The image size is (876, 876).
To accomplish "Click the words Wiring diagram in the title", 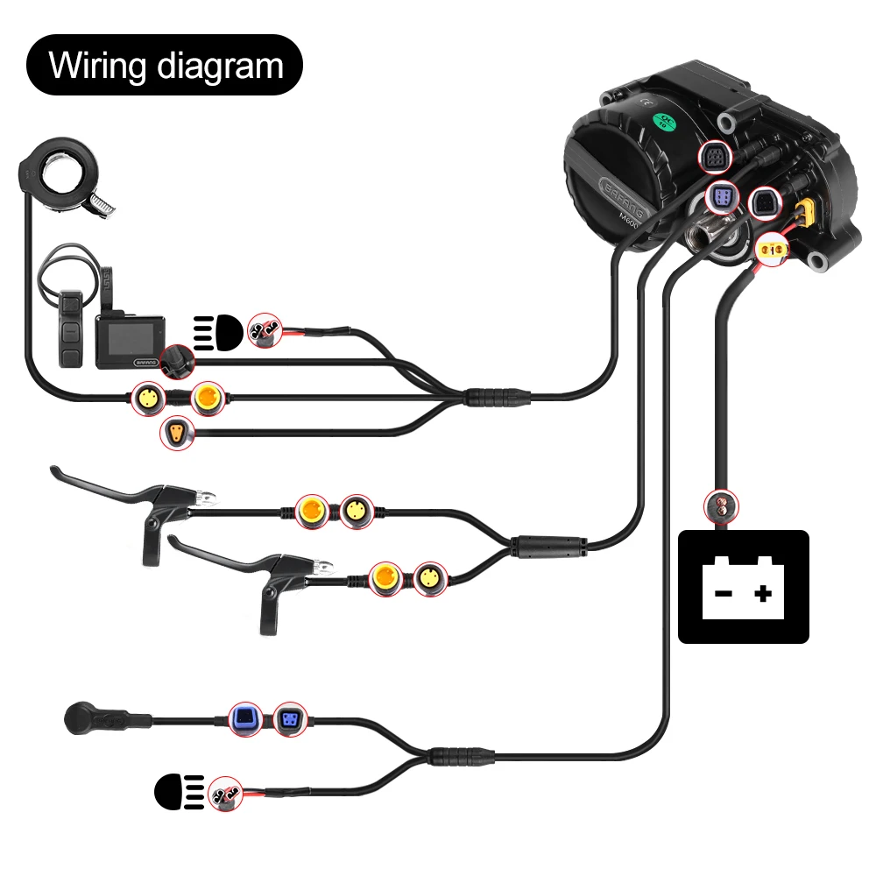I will pyautogui.click(x=166, y=66).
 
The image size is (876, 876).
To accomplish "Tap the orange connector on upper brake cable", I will pyautogui.click(x=313, y=510).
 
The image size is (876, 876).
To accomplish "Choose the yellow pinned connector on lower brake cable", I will pyautogui.click(x=429, y=578).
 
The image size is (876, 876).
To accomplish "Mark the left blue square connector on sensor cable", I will pyautogui.click(x=244, y=718).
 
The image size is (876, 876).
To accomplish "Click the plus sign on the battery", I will pyautogui.click(x=764, y=594).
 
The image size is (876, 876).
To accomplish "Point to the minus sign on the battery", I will pyautogui.click(x=723, y=594).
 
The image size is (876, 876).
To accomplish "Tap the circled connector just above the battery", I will pyautogui.click(x=722, y=505).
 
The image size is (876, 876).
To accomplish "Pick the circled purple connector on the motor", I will pyautogui.click(x=722, y=199).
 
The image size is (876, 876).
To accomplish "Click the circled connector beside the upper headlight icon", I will pyautogui.click(x=264, y=329).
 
